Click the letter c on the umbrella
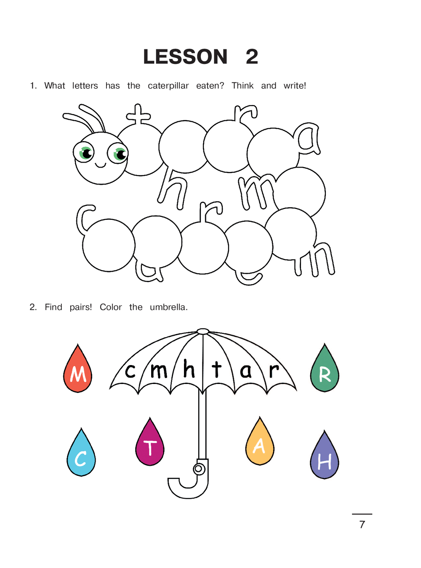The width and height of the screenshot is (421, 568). point(130,371)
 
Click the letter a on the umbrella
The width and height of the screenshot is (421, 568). point(246,371)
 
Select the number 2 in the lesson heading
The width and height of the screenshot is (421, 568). point(252,56)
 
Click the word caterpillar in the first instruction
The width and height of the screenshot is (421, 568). point(168,86)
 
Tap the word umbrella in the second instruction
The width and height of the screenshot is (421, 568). point(168,307)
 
